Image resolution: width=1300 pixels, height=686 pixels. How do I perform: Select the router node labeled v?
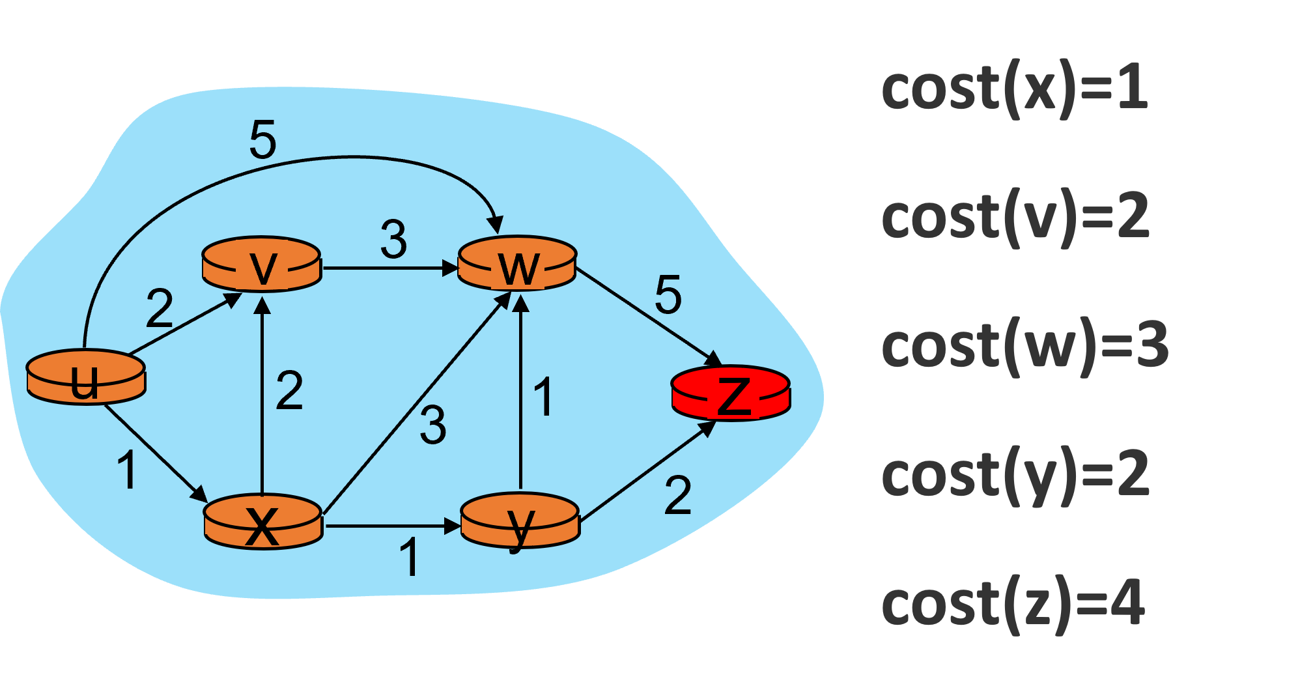coord(262,264)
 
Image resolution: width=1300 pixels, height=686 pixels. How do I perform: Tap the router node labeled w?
coord(517,263)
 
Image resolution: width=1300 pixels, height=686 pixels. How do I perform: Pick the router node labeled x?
coord(263,522)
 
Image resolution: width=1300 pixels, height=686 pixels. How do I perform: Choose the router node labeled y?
coord(520,521)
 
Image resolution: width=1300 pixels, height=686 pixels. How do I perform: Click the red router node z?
coord(731,393)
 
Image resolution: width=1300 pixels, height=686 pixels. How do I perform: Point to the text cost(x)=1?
coord(1013,89)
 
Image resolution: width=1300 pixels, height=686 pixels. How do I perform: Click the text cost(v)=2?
coord(1015,218)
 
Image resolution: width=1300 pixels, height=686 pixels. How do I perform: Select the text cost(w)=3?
coord(1024,346)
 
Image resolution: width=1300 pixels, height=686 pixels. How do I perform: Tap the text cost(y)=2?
coord(1015,475)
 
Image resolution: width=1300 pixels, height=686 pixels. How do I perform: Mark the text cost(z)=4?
coord(1013,604)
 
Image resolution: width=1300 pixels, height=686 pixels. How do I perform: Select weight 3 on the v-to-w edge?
coord(393,240)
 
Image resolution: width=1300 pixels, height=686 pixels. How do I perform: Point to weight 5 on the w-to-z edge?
coord(668,294)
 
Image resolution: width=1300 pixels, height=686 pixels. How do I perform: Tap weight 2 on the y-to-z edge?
coord(677,496)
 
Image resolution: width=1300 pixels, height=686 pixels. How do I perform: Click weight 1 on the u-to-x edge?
coord(127,470)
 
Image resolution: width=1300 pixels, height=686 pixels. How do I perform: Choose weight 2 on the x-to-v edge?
coord(289,391)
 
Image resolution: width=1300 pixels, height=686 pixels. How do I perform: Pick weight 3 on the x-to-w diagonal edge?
coord(432,425)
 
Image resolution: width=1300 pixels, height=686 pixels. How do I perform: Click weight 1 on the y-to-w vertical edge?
coord(543,396)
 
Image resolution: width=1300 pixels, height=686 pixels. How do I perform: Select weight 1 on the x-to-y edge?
coord(409,558)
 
